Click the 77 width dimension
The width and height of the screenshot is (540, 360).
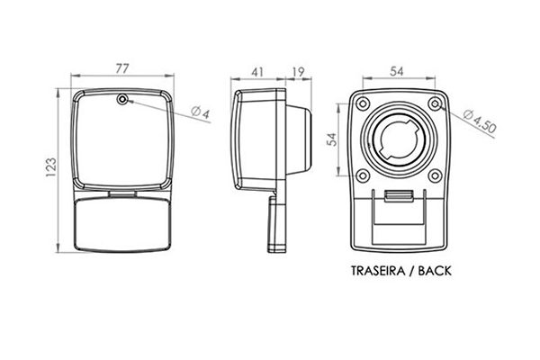click(121, 68)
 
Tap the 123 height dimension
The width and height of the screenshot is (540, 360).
click(51, 167)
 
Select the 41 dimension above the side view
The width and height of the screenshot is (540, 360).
click(257, 72)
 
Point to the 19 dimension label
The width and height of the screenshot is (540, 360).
click(298, 72)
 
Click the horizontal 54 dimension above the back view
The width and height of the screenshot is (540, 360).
click(396, 71)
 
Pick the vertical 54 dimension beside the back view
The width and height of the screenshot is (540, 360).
click(331, 139)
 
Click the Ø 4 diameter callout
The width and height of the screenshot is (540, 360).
click(201, 112)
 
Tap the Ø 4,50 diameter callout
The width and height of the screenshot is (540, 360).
click(480, 121)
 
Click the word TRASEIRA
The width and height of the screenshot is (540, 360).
click(378, 271)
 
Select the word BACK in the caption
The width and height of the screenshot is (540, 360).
click(435, 271)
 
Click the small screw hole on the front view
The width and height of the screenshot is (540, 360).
click(122, 100)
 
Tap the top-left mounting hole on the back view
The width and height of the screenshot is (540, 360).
click(363, 103)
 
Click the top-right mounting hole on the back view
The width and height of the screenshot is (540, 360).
click(436, 103)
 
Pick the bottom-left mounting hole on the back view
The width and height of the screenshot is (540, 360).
click(363, 175)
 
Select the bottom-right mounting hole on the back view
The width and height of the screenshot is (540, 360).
click(436, 175)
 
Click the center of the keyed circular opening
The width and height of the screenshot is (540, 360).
click(400, 139)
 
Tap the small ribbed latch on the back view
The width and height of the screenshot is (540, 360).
click(399, 195)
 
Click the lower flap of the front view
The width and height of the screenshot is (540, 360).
click(122, 225)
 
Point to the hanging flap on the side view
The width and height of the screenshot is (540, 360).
click(277, 224)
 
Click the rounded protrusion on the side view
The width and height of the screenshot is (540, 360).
click(299, 139)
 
